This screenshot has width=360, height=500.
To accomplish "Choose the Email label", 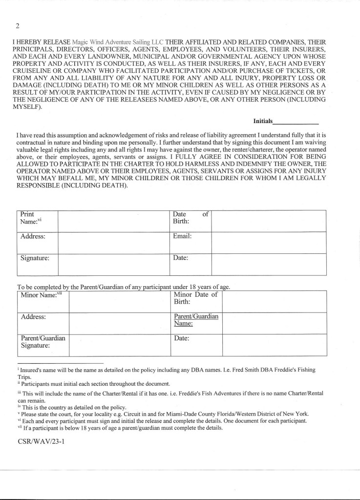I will (x=182, y=236).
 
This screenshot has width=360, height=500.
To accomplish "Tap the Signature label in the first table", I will (x=35, y=258).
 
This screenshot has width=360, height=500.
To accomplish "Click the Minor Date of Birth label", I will (x=195, y=298).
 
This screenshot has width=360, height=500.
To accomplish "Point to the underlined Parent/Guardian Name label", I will (x=196, y=320).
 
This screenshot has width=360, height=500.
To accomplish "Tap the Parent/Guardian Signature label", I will (x=43, y=342).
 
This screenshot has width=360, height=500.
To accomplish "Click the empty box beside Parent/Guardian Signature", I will (x=119, y=345).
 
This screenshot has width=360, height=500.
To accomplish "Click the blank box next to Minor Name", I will (x=119, y=301).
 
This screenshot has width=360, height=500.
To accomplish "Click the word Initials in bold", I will (x=263, y=120).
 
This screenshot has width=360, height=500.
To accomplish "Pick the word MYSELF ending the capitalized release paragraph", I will (x=29, y=107).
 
